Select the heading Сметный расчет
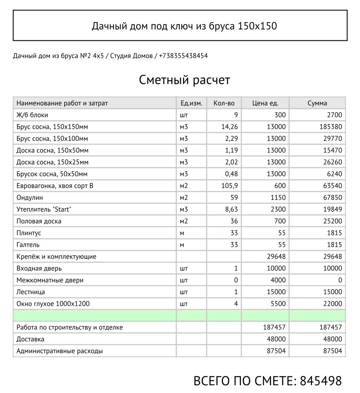[184, 80]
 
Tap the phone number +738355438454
[183, 56]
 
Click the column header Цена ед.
[265, 103]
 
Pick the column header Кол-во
[224, 103]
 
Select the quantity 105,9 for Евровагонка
[230, 186]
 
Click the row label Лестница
[30, 292]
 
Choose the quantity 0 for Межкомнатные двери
[236, 280]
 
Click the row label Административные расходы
[59, 351]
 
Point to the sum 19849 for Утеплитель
[332, 209]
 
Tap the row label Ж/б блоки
[32, 115]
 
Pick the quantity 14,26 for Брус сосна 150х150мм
[230, 127]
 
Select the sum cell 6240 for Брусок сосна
[334, 174]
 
